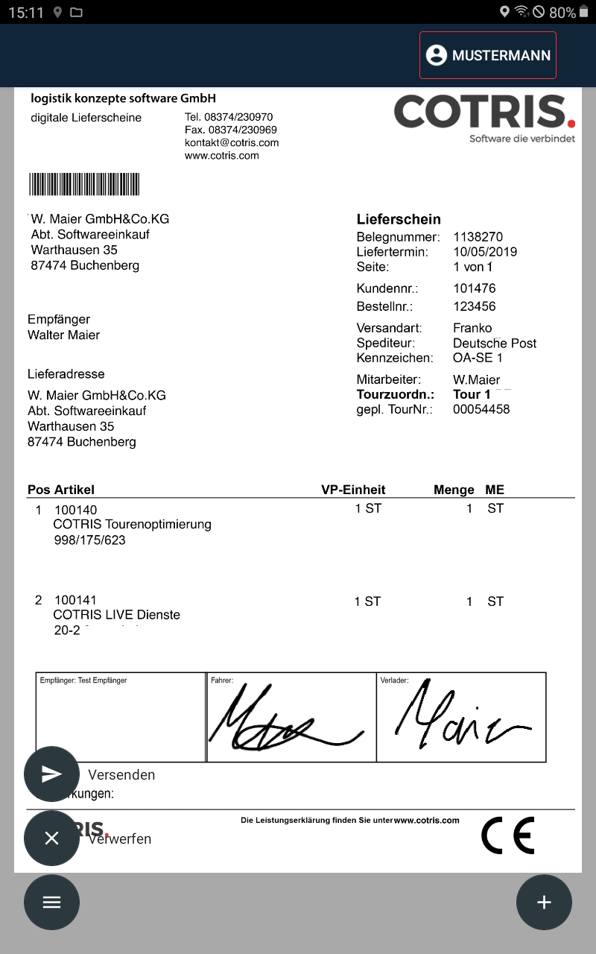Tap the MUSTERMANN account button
tap(488, 55)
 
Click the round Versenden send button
tap(51, 774)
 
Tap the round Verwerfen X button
tap(51, 838)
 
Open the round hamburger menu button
tap(51, 902)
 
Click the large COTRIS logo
tap(484, 113)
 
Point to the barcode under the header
tap(84, 184)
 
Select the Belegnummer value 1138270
tap(478, 237)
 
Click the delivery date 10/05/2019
tap(484, 252)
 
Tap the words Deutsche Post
tap(494, 343)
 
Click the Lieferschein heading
tap(399, 219)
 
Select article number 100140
tap(75, 510)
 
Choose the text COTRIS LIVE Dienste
tap(116, 615)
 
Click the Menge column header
tap(454, 490)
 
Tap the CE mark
tap(507, 835)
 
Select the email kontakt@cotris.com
tap(232, 142)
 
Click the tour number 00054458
tap(481, 409)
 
